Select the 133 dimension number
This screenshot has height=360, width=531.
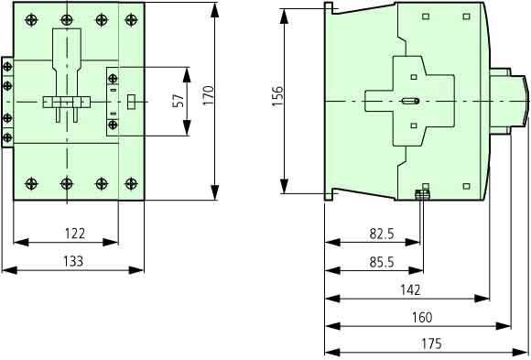(x=73, y=261)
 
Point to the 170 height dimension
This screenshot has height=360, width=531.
(x=208, y=94)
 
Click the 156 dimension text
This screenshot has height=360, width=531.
(x=277, y=96)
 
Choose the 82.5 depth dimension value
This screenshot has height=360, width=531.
(x=382, y=234)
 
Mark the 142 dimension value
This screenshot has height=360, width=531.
(x=411, y=289)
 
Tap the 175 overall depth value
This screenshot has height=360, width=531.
(x=430, y=344)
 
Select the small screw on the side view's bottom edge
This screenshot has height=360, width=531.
(x=422, y=193)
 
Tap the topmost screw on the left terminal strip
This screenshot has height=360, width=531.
(x=8, y=67)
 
